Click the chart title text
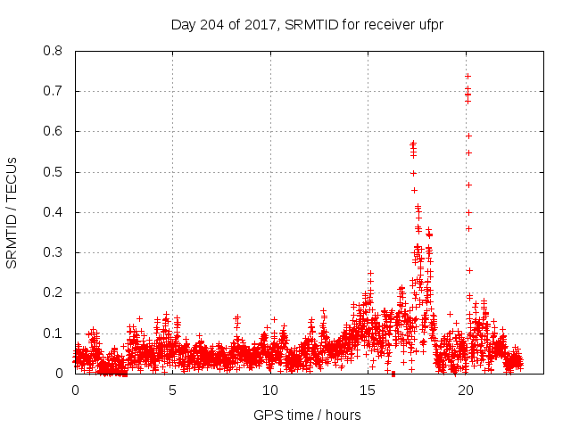(307, 24)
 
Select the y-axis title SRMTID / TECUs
(12, 212)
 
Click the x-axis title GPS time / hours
(307, 415)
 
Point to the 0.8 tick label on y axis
(54, 51)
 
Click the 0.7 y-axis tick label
(54, 91)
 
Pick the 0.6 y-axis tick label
(54, 131)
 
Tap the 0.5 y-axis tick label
(54, 172)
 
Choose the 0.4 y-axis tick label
(54, 212)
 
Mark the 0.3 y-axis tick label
(54, 252)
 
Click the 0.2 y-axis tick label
(54, 293)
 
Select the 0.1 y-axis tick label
(54, 333)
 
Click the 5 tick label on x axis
(172, 391)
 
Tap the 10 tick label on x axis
(270, 391)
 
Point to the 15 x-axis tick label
(368, 391)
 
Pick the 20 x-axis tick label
(466, 391)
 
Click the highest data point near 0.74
(468, 76)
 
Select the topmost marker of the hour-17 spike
(413, 143)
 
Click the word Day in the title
(183, 24)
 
